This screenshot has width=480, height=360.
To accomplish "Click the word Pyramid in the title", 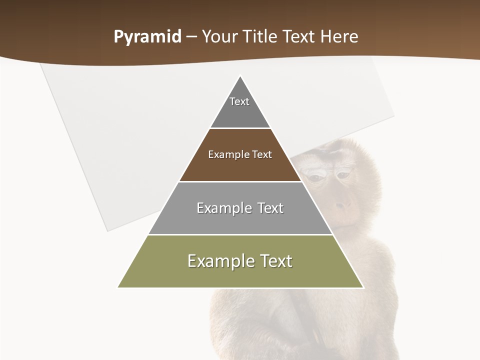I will (x=147, y=37).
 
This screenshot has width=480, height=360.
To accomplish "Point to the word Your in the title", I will (x=221, y=36).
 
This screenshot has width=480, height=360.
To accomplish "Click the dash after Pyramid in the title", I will (x=191, y=37).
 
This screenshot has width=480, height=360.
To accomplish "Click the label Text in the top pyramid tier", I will (x=239, y=101).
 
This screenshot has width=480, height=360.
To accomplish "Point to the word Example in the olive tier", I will (x=219, y=261).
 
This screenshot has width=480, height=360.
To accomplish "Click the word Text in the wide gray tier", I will (x=270, y=208).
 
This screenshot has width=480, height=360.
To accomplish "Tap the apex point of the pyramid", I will (x=240, y=76).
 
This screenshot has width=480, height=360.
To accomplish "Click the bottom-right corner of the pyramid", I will (x=363, y=287).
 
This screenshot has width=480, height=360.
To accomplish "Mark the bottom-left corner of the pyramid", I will (x=118, y=287).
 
